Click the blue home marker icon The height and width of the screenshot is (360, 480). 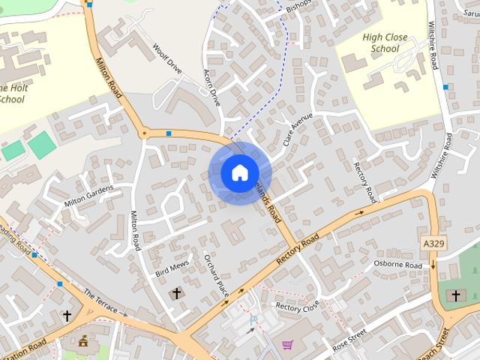[x=239, y=172]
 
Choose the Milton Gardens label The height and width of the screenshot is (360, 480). [x=88, y=197]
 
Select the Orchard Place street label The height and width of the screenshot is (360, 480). [x=215, y=274]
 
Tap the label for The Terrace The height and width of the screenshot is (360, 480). [x=100, y=302]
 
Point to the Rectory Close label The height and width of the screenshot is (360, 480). [x=297, y=306]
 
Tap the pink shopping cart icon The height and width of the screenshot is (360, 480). [x=287, y=345]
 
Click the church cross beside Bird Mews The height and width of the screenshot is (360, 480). [x=177, y=293]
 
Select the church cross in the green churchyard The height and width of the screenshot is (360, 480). [x=454, y=295]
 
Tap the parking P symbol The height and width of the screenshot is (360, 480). [x=252, y=319]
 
